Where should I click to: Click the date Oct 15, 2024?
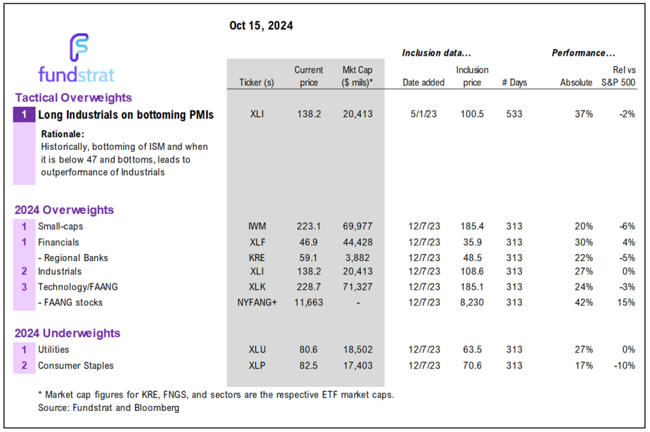pyautogui.click(x=261, y=26)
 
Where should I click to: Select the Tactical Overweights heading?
pyautogui.click(x=73, y=98)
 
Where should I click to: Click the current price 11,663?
pyautogui.click(x=309, y=303)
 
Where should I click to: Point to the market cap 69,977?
pyautogui.click(x=357, y=226)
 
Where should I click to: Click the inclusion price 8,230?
pyautogui.click(x=472, y=303)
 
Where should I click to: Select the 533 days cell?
pyautogui.click(x=514, y=115)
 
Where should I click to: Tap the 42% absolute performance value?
pyautogui.click(x=583, y=303)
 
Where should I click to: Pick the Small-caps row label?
pyautogui.click(x=60, y=226)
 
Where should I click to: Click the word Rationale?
pyautogui.click(x=63, y=134)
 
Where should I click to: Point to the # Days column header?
pyautogui.click(x=514, y=83)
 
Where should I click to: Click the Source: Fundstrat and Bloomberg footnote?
pyautogui.click(x=109, y=408)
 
